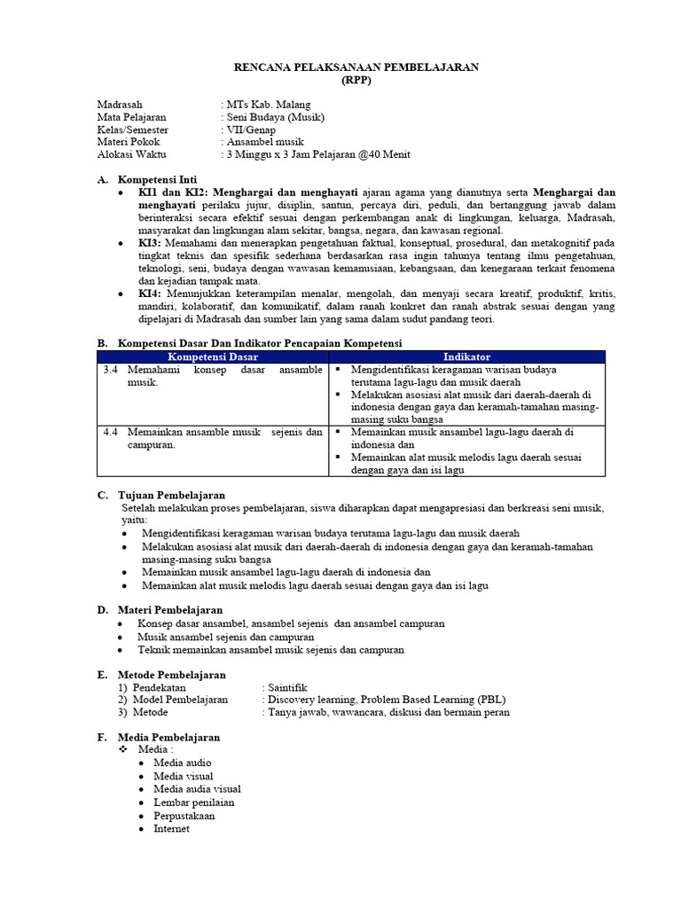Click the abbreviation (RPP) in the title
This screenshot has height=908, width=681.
[356, 80]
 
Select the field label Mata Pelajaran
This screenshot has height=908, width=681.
[131, 117]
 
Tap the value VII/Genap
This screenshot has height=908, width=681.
[252, 129]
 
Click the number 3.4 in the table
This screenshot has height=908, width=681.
[111, 369]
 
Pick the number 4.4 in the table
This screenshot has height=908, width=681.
[111, 432]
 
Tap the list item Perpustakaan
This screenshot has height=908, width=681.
[184, 816]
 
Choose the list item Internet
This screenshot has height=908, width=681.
[171, 828]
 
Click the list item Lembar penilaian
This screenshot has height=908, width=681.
[188, 802]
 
